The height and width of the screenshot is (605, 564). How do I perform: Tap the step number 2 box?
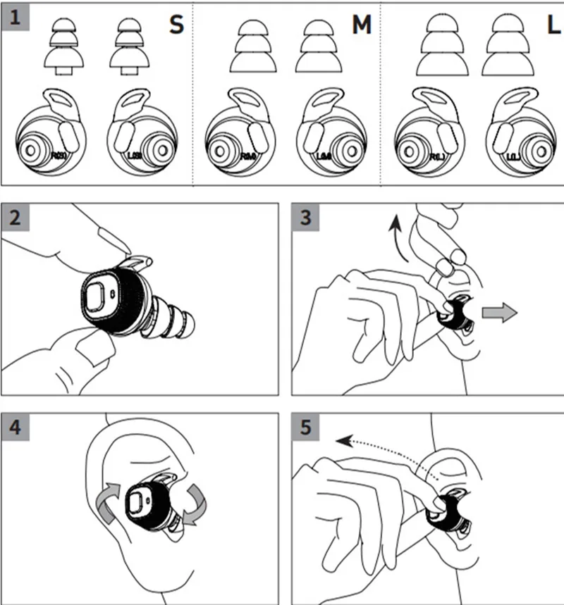[15, 217]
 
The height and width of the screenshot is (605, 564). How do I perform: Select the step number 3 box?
[305, 217]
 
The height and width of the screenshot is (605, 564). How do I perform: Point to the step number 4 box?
[15, 426]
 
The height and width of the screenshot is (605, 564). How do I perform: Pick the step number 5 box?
[305, 426]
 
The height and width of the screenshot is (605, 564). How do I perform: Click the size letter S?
[176, 25]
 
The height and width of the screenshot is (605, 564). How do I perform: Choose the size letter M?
[361, 25]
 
